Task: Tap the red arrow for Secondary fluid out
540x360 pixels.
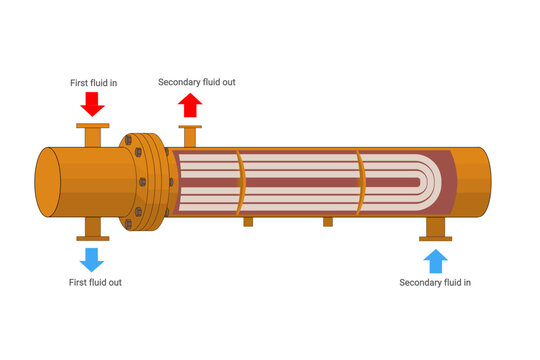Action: pos(190,104)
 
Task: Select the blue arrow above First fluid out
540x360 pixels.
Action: pos(93,259)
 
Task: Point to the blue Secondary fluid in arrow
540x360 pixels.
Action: pos(435,261)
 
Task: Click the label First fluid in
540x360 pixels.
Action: pos(93,83)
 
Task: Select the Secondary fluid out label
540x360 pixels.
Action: pos(197,82)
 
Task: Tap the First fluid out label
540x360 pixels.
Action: pos(96,283)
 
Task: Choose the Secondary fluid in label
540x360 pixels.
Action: pos(435,283)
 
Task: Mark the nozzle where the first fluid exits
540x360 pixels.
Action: pos(93,228)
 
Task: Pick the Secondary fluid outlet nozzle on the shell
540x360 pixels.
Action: pos(190,135)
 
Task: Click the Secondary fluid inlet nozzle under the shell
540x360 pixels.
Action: pos(435,229)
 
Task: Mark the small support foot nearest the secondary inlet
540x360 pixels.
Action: pos(327,221)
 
